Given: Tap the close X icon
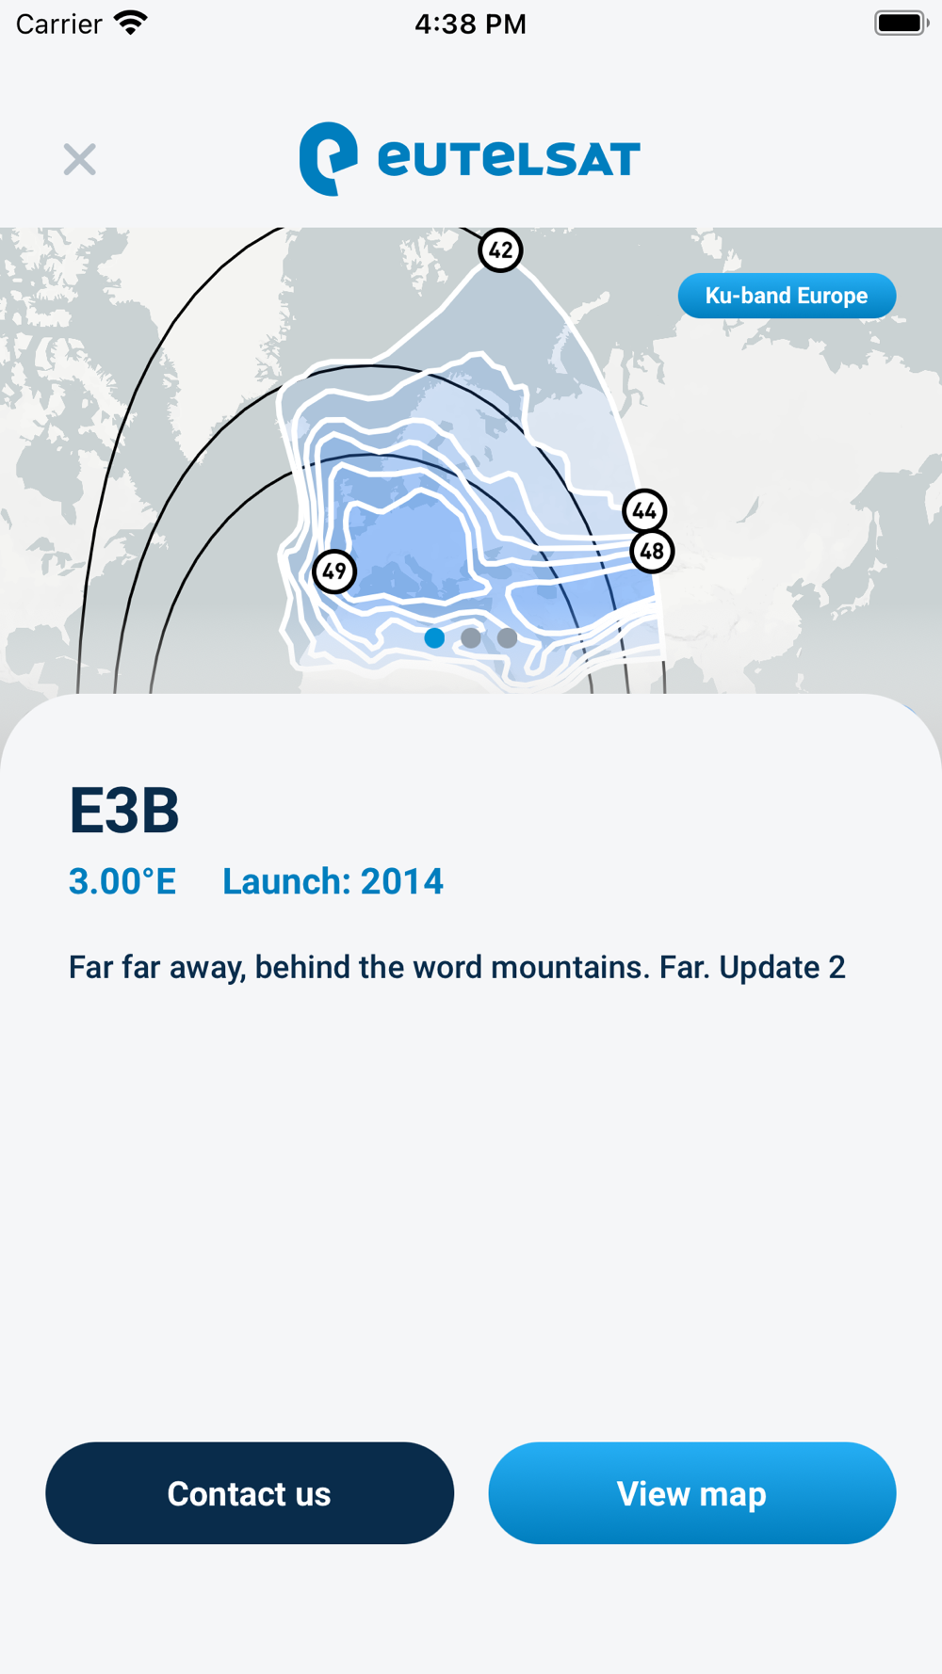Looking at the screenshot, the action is (x=80, y=159).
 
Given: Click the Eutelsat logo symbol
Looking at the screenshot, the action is (x=328, y=158).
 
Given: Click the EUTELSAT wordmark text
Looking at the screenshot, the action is (x=509, y=158).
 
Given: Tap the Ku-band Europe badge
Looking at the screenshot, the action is (x=787, y=296).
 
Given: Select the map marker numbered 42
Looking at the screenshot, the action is (x=500, y=250).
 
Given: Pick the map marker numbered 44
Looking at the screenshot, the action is (x=644, y=511).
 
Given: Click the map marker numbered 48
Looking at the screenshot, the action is (x=652, y=551).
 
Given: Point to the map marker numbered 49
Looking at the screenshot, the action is (x=334, y=571).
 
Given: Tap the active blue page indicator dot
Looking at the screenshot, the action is (x=434, y=638).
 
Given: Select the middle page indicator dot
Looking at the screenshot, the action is (x=471, y=638).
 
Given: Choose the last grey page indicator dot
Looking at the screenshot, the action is (x=507, y=638).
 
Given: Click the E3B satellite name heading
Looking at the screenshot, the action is (x=124, y=810).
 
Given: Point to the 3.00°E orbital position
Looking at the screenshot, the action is (x=122, y=881).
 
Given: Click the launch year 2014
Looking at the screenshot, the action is (x=402, y=881).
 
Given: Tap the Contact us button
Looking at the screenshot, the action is (x=250, y=1493).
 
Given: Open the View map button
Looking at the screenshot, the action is (x=692, y=1493).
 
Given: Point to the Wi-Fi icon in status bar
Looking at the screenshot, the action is (x=131, y=23).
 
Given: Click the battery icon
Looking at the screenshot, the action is (x=901, y=23).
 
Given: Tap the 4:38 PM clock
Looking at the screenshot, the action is (x=471, y=24).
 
